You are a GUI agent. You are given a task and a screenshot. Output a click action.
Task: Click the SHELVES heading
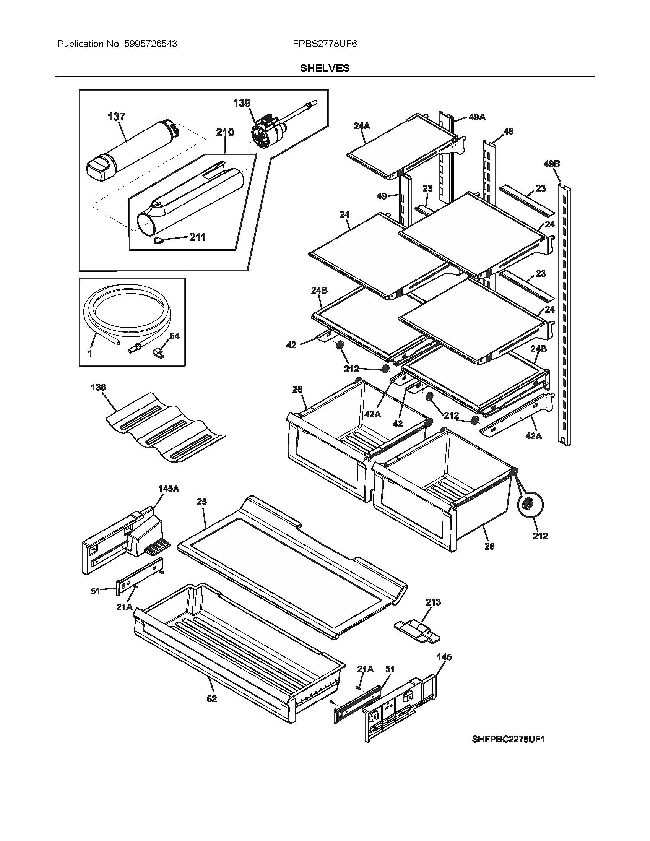(x=325, y=68)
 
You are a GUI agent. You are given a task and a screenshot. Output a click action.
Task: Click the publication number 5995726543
(x=151, y=44)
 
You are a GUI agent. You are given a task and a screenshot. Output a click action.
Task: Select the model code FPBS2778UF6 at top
(x=325, y=44)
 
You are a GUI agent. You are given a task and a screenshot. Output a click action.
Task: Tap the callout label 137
(x=116, y=117)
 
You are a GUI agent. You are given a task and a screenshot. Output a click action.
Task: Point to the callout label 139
(x=242, y=103)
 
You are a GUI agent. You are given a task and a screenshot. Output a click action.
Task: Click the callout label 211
(x=197, y=237)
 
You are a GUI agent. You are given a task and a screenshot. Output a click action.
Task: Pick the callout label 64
(x=174, y=336)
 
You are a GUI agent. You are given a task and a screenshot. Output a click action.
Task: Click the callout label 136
(x=98, y=387)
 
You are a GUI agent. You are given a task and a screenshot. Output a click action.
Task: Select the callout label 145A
(x=169, y=489)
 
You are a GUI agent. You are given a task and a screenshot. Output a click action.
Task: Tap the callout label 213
(x=433, y=602)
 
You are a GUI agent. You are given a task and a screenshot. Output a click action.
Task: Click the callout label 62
(x=212, y=699)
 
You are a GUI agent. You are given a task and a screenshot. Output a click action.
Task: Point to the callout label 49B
(x=552, y=164)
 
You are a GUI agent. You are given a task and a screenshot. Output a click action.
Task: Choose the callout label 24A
(x=362, y=125)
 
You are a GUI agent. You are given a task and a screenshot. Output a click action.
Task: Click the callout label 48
(x=508, y=131)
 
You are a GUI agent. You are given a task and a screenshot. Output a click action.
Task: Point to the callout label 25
(x=202, y=502)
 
